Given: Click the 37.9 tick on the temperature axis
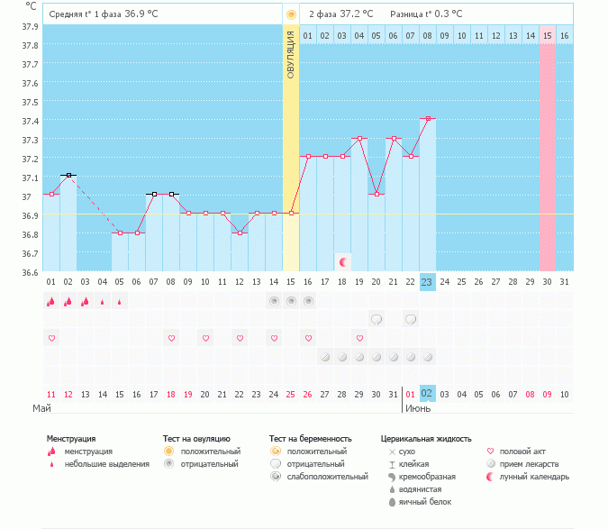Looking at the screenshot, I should (x=29, y=26).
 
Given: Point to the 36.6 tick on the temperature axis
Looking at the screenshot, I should (x=29, y=272).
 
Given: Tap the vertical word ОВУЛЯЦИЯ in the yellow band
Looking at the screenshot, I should (x=291, y=55).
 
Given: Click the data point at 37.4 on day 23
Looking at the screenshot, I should (x=428, y=118).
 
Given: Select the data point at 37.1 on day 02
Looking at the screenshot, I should (x=68, y=175).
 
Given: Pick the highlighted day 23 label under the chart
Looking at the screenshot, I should (x=427, y=281).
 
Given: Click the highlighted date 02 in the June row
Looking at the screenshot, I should (x=427, y=394).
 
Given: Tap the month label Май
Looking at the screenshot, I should (x=41, y=408).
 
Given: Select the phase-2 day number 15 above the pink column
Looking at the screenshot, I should (x=547, y=36).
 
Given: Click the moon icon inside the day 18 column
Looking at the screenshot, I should (x=343, y=261).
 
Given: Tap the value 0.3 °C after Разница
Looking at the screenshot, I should (x=448, y=14).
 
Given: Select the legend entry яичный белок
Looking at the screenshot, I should (x=424, y=501).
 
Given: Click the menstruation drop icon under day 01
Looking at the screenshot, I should (x=51, y=302).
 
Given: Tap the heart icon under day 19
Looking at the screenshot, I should (x=359, y=338).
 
